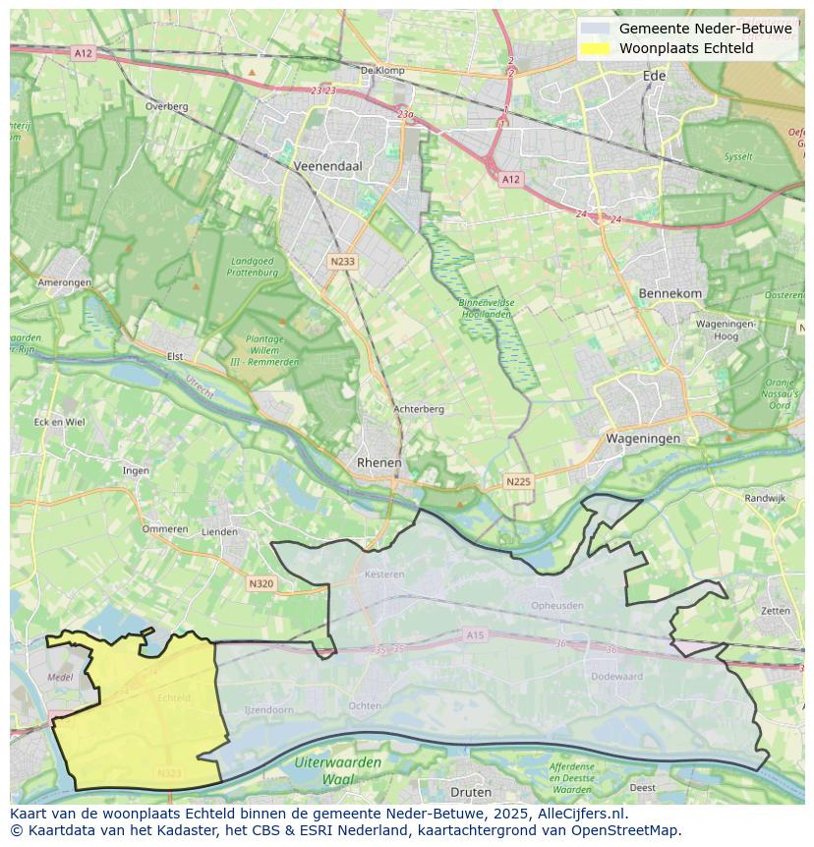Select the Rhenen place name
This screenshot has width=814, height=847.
[x=378, y=462]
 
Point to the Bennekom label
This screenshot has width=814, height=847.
[x=670, y=293]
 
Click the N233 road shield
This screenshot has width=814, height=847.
[x=341, y=262]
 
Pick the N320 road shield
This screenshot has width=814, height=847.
[x=261, y=583]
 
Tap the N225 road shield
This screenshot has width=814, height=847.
[x=518, y=481]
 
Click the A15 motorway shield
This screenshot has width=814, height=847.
[x=476, y=635]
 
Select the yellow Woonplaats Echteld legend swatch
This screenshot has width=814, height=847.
[x=595, y=48]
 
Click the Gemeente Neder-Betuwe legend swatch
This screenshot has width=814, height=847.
[x=595, y=29]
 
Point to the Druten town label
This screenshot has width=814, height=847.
[x=470, y=792]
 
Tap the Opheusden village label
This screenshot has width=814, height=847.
[x=556, y=605]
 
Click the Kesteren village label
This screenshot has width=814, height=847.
[x=383, y=574]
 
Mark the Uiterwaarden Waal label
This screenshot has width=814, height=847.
[x=337, y=770]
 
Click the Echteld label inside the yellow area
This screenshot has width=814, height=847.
[x=173, y=697]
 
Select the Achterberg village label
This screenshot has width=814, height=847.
[x=419, y=409]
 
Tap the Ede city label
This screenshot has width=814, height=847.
[x=654, y=76]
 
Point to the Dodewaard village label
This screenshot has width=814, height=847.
[x=616, y=676]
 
